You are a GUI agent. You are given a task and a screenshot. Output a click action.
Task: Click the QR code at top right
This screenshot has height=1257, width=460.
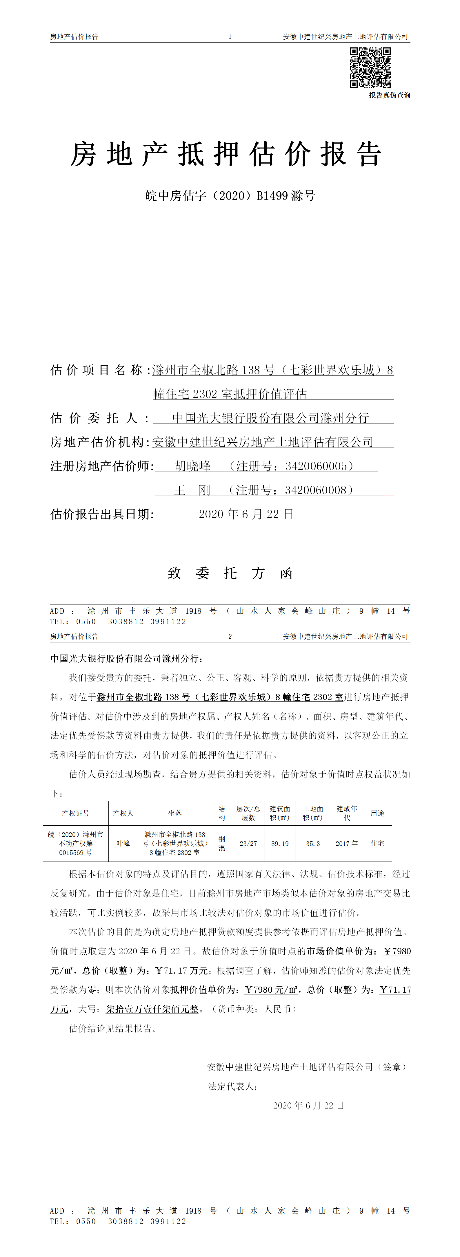pyautogui.click(x=370, y=67)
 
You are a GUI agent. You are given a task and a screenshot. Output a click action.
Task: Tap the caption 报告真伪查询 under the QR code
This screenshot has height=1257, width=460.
pyautogui.click(x=389, y=95)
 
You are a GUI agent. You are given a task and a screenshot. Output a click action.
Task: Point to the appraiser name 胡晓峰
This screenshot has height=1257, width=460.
pyautogui.click(x=192, y=466)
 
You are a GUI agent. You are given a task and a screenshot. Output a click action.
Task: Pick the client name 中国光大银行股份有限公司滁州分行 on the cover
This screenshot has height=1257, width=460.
pyautogui.click(x=270, y=418)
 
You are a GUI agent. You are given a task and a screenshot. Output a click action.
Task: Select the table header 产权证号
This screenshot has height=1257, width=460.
pyautogui.click(x=76, y=813)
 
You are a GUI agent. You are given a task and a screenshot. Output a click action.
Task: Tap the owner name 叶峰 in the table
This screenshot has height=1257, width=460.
pyautogui.click(x=123, y=843)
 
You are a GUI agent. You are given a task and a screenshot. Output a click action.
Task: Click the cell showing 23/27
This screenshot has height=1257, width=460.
pyautogui.click(x=248, y=843)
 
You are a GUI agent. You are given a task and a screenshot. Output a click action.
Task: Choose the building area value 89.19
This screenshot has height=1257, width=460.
pyautogui.click(x=280, y=843)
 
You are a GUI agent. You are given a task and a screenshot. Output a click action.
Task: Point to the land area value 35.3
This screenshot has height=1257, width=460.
pyautogui.click(x=313, y=843)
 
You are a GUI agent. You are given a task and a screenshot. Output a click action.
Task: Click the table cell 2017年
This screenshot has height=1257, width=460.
pyautogui.click(x=347, y=843)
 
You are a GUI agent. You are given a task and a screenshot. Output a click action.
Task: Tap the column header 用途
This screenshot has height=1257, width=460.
pyautogui.click(x=377, y=813)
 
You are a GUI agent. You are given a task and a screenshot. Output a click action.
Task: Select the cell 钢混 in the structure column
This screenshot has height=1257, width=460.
pyautogui.click(x=222, y=843)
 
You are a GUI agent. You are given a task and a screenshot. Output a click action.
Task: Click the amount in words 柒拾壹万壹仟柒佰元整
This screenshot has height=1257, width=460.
pyautogui.click(x=152, y=1009)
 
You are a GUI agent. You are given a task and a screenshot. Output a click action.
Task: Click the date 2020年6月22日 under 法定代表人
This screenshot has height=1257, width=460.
pyautogui.click(x=309, y=1105)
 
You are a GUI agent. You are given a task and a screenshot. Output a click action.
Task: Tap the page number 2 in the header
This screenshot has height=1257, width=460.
pyautogui.click(x=230, y=636)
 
